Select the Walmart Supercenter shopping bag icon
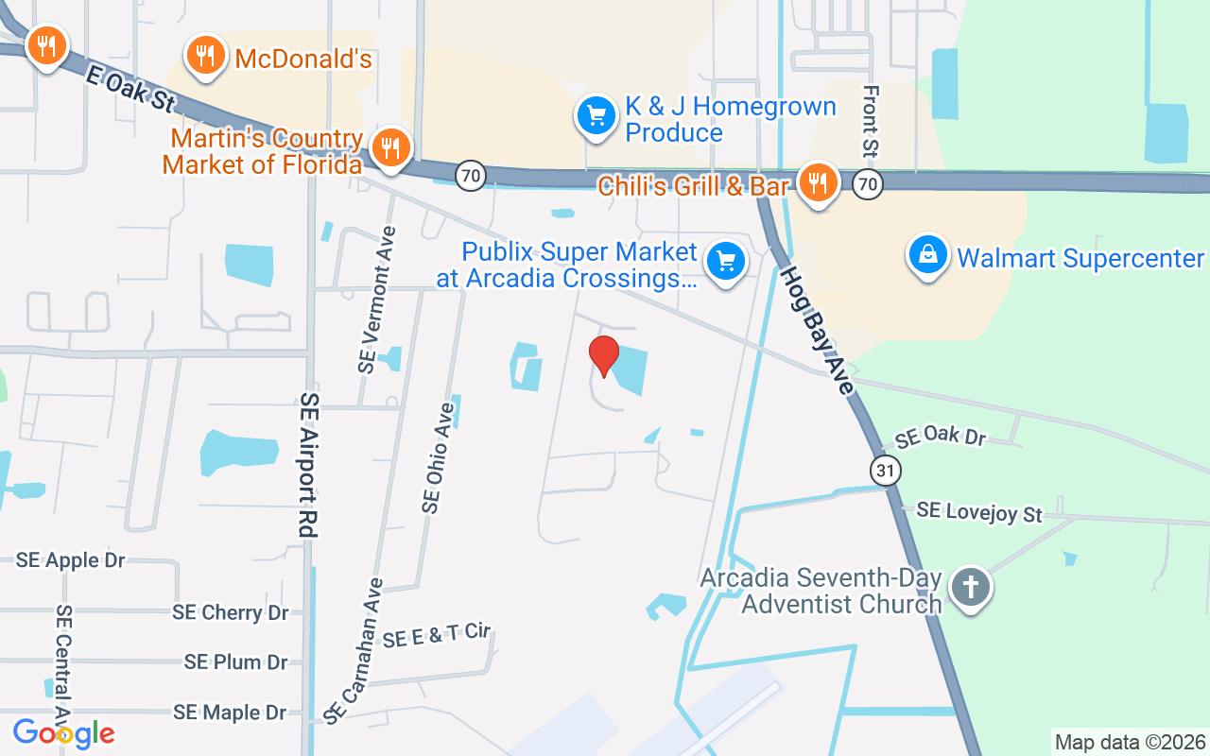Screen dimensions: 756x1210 pos(928,255)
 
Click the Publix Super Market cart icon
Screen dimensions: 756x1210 pos(726,260)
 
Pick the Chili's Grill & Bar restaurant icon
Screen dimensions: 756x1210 pos(817,181)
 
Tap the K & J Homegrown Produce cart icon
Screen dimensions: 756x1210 pos(596,116)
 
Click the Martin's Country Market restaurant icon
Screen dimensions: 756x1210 pos(389,147)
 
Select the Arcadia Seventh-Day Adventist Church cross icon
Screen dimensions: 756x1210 pos(970,587)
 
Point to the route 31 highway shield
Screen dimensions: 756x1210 pos(886,470)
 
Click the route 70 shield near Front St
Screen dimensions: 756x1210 pos(867,183)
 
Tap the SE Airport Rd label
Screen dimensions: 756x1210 pos(308,465)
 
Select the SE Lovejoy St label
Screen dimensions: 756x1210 pos(978,511)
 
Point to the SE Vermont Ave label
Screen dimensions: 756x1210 pos(376,300)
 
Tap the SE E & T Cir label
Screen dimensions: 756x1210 pos(438,636)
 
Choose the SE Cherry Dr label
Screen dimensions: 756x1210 pos(230,612)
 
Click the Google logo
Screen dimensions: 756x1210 pos(63,733)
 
